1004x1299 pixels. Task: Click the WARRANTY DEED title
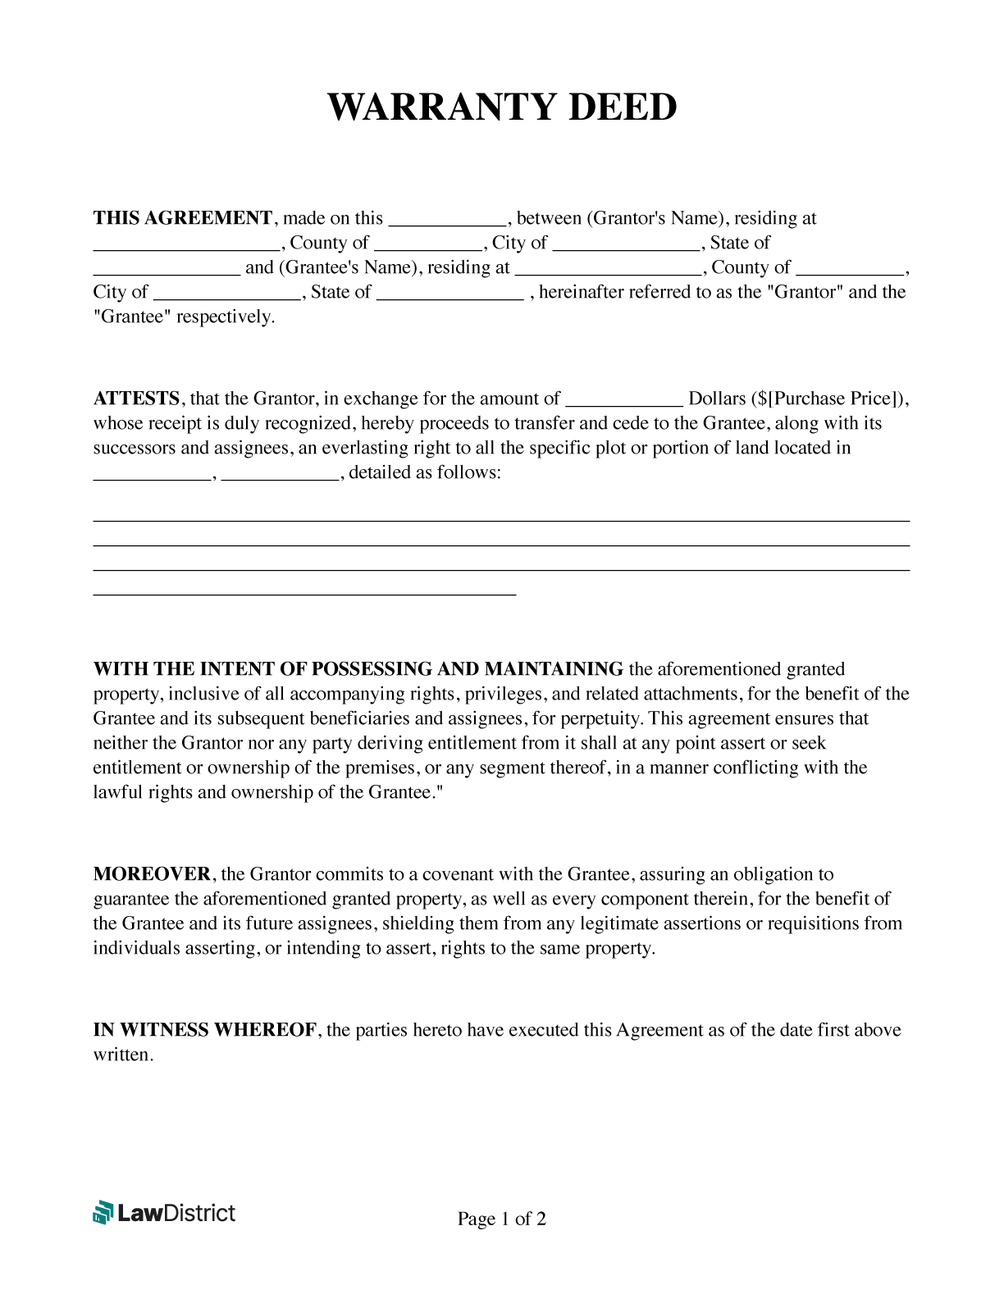pyautogui.click(x=502, y=107)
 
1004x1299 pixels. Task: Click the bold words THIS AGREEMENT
pyautogui.click(x=182, y=218)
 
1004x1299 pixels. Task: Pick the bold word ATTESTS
pyautogui.click(x=136, y=399)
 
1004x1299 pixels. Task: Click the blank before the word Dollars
pyautogui.click(x=624, y=400)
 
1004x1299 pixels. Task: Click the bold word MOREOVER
pyautogui.click(x=152, y=874)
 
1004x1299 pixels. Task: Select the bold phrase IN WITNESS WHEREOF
pyautogui.click(x=205, y=1030)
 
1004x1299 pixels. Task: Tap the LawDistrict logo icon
pyautogui.click(x=103, y=1213)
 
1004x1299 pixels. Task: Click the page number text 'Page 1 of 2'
pyautogui.click(x=501, y=1219)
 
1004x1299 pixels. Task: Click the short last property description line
pyautogui.click(x=304, y=592)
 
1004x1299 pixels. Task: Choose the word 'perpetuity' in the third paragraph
pyautogui.click(x=600, y=718)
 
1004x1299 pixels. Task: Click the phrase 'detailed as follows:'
pyautogui.click(x=424, y=472)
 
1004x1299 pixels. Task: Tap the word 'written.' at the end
pyautogui.click(x=123, y=1055)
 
